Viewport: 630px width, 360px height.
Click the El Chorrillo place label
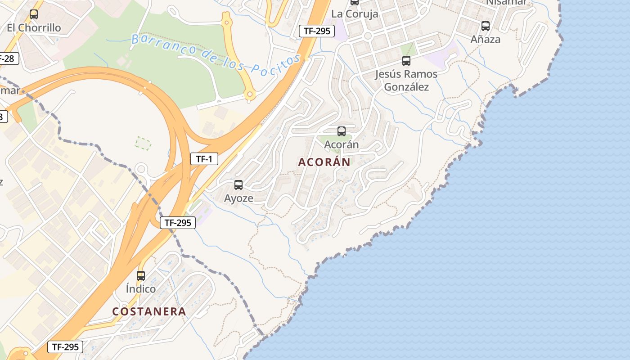click(34, 28)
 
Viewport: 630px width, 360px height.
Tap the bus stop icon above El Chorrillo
click(34, 14)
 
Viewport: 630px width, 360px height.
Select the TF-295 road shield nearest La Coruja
click(317, 31)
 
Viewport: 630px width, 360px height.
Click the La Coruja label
click(355, 14)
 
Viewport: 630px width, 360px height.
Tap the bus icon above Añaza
click(485, 26)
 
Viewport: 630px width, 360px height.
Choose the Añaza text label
click(485, 40)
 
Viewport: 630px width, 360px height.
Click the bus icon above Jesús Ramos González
click(406, 61)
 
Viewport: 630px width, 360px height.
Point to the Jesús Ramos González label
click(406, 80)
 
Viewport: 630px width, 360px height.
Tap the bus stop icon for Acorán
click(342, 131)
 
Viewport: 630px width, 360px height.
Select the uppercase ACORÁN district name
click(324, 162)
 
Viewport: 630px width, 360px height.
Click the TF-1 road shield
click(204, 159)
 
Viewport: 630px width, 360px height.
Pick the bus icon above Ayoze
click(238, 184)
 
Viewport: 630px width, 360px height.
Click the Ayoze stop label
click(238, 198)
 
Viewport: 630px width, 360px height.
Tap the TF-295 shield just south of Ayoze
click(178, 222)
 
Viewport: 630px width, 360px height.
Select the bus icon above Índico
click(141, 276)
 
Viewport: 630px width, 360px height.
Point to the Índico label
click(141, 289)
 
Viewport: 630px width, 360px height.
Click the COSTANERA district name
click(149, 311)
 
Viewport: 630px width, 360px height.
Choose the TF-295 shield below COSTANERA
click(65, 347)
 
